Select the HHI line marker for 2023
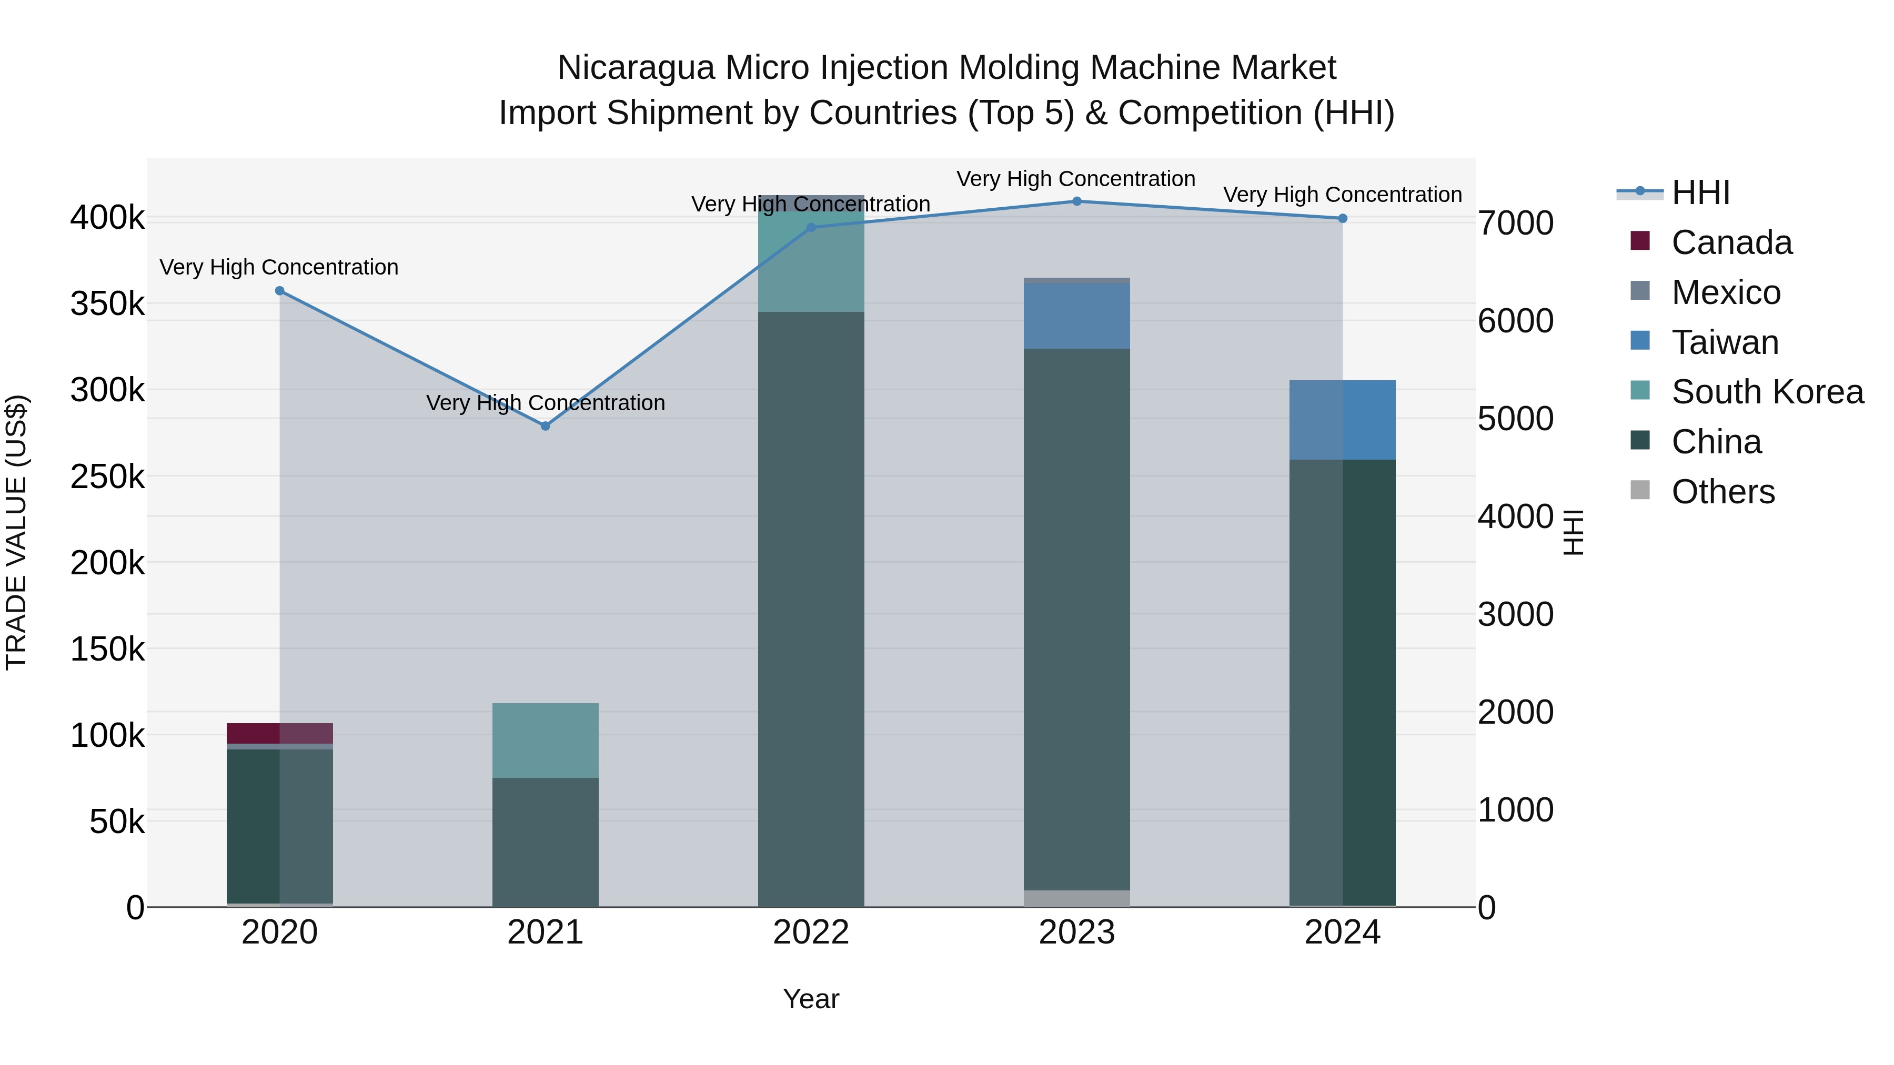click(1076, 201)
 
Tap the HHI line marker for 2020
click(279, 291)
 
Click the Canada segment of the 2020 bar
click(279, 733)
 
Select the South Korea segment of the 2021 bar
click(546, 740)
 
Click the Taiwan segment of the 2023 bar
click(1076, 316)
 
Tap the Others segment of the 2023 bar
click(1076, 898)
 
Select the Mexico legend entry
click(1725, 292)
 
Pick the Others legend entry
click(1722, 492)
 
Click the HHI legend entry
click(1700, 192)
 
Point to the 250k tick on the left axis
click(107, 477)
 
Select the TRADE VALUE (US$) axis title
click(16, 532)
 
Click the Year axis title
click(811, 999)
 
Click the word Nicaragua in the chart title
click(635, 68)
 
